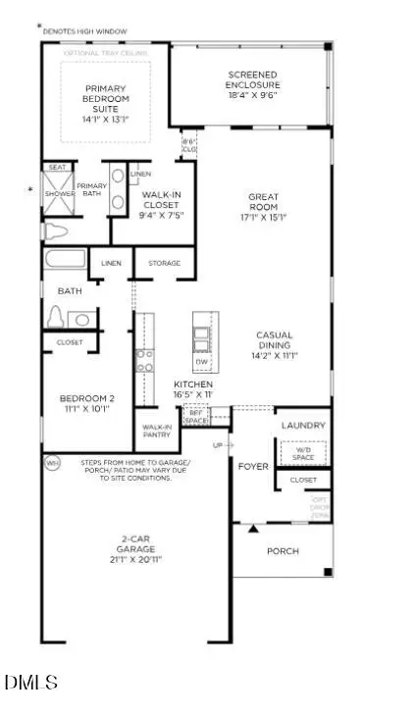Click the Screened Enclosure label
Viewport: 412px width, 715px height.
252,79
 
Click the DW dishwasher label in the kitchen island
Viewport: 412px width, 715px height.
202,359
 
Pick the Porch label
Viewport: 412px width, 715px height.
283,551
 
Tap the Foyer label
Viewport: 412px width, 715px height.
253,466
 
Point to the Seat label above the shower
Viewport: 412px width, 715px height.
57,168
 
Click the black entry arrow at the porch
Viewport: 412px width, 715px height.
253,529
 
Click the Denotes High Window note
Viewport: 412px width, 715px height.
87,30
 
